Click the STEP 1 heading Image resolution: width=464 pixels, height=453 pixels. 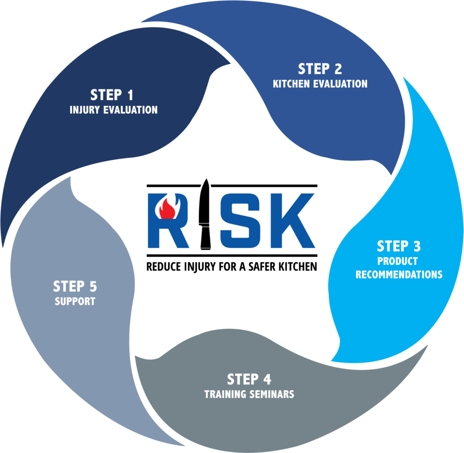click(x=112, y=95)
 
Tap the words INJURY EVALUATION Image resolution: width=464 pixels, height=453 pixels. click(x=114, y=110)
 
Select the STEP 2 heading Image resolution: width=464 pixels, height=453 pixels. click(x=320, y=69)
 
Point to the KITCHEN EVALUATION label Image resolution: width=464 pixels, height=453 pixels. click(x=320, y=84)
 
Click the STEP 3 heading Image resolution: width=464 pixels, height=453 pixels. click(x=399, y=246)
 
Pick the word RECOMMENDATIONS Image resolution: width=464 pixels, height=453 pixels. click(x=399, y=275)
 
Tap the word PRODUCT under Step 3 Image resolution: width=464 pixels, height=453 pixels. click(x=397, y=261)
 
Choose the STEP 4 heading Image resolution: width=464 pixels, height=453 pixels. click(x=249, y=379)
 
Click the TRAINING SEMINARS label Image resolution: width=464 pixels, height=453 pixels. click(x=249, y=394)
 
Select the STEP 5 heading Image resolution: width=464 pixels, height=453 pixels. click(x=75, y=287)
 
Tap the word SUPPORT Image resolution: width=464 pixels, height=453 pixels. click(x=75, y=301)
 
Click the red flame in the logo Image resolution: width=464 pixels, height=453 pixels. click(x=167, y=209)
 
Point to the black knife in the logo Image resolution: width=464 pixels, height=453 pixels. click(x=205, y=214)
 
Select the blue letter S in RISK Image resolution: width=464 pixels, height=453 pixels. click(x=240, y=220)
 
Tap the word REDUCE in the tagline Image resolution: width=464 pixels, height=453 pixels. click(x=164, y=267)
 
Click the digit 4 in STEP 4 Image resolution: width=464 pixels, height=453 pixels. click(x=268, y=379)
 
